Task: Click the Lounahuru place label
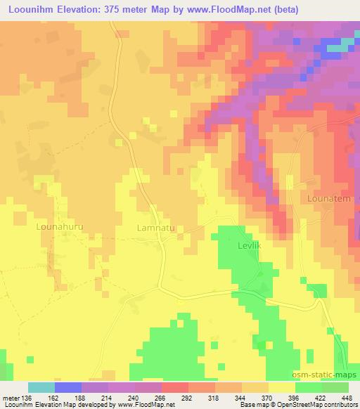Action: [x=60, y=228]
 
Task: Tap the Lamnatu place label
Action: [x=157, y=228]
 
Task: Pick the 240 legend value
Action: [x=134, y=398]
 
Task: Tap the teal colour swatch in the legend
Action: [x=41, y=387]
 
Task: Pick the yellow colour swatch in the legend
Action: [x=281, y=387]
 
